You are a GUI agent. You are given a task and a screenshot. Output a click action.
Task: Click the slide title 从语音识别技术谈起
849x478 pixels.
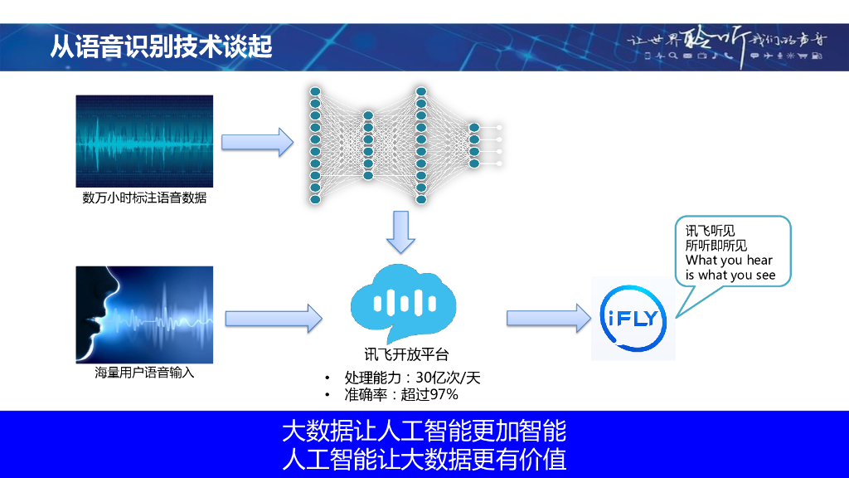coord(161,46)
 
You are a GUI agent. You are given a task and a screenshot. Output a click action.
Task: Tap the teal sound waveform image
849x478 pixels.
coord(144,141)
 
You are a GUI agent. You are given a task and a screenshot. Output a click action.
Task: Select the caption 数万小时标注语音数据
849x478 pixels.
coord(144,198)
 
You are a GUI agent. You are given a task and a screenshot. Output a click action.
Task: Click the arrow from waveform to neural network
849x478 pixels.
coord(257,143)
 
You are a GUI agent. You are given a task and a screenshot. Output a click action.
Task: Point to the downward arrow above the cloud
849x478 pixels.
coord(400,232)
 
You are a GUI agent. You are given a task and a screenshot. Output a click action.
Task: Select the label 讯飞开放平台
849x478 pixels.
coord(406,354)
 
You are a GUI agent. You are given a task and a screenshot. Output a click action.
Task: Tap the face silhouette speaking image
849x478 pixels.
coord(144,315)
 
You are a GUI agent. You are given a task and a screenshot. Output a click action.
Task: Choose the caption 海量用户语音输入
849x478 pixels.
coord(144,373)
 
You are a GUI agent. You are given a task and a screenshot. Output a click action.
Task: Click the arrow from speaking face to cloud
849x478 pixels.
coord(274,318)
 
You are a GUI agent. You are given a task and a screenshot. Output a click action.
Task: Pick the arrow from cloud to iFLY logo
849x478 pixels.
coord(549,318)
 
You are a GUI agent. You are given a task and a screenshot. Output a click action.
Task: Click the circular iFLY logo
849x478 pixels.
coord(633,318)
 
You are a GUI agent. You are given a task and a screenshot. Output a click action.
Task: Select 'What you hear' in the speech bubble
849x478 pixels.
coord(729,260)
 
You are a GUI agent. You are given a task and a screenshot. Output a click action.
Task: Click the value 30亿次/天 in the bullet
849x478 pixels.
coord(448,378)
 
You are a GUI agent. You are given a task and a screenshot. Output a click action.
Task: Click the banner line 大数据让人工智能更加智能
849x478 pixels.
coord(424,432)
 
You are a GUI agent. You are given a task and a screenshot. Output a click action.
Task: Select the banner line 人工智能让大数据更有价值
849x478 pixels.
coord(424,460)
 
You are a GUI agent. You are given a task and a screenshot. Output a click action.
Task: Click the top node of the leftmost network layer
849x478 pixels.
coord(315,91)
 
